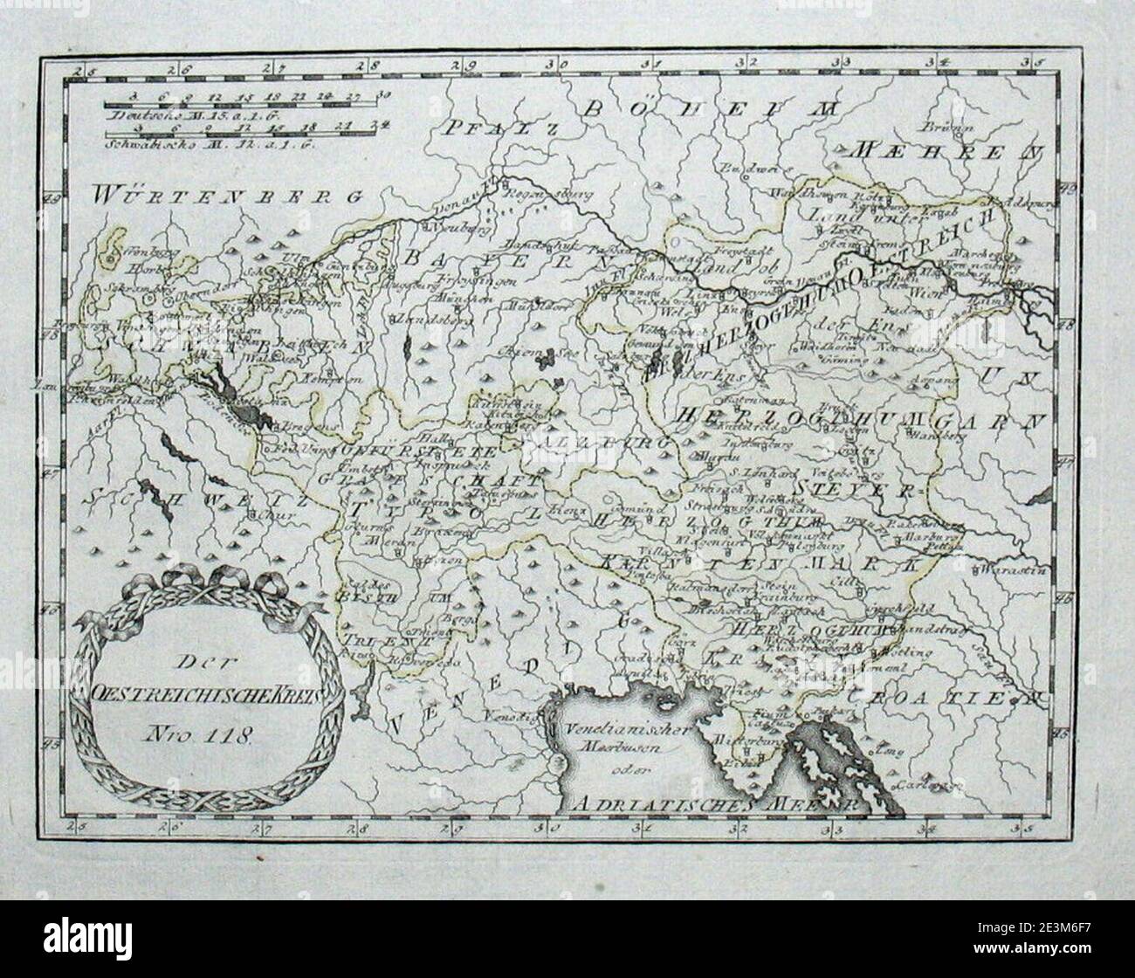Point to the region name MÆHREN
click(949, 149)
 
